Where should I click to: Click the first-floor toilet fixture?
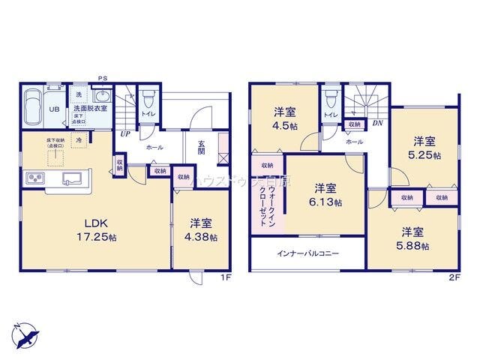coord(148,97)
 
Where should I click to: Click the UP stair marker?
coord(124,134)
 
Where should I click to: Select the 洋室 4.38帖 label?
coord(202,229)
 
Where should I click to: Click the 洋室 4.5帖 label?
coord(284,118)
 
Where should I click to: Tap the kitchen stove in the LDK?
coord(35,178)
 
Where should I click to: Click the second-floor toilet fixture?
coord(330,98)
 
